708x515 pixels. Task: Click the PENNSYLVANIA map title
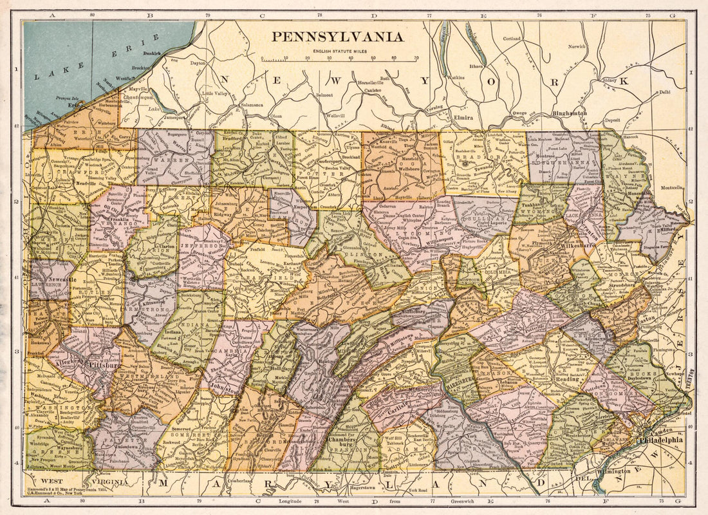[x=337, y=37]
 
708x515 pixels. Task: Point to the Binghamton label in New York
[x=570, y=113]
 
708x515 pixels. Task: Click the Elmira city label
[x=463, y=118]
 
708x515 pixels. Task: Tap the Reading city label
[x=568, y=379]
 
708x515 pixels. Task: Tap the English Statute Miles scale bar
[x=340, y=59]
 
